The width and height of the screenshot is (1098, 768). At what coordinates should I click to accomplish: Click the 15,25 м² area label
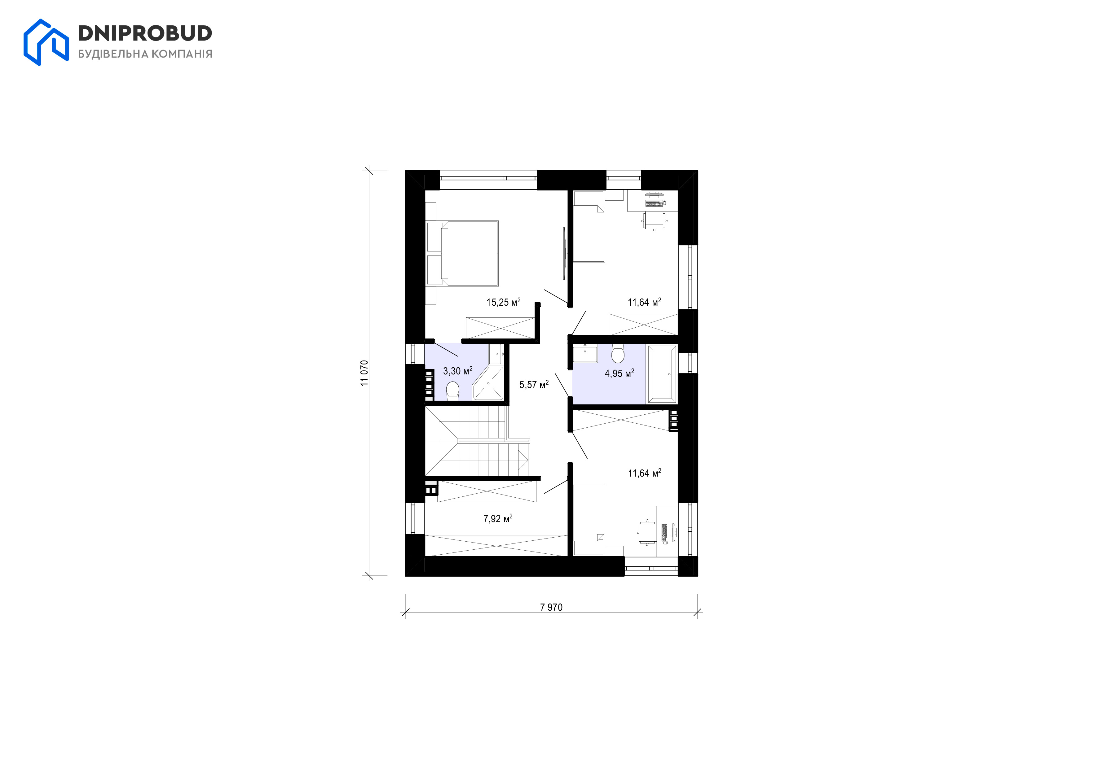[x=503, y=302]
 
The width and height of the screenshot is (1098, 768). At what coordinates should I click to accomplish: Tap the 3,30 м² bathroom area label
[x=458, y=371]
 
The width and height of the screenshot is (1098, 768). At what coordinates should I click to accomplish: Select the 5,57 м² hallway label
[x=534, y=384]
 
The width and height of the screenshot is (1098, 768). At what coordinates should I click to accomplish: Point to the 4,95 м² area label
[x=619, y=373]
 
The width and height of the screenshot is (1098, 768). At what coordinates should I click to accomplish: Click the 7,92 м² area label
[x=498, y=518]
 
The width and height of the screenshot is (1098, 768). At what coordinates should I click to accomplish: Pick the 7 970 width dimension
[x=551, y=607]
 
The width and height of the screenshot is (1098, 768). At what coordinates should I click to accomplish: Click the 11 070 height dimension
[x=364, y=373]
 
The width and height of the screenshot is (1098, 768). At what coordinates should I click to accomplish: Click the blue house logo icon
[x=46, y=42]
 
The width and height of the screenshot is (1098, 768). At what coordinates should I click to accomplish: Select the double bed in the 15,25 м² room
[x=462, y=253]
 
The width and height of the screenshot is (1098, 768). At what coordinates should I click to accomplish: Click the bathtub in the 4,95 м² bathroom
[x=662, y=375]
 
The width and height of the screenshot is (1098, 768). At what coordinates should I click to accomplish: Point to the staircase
[x=477, y=441]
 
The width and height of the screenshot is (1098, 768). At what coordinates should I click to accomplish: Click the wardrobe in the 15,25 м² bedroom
[x=500, y=328]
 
